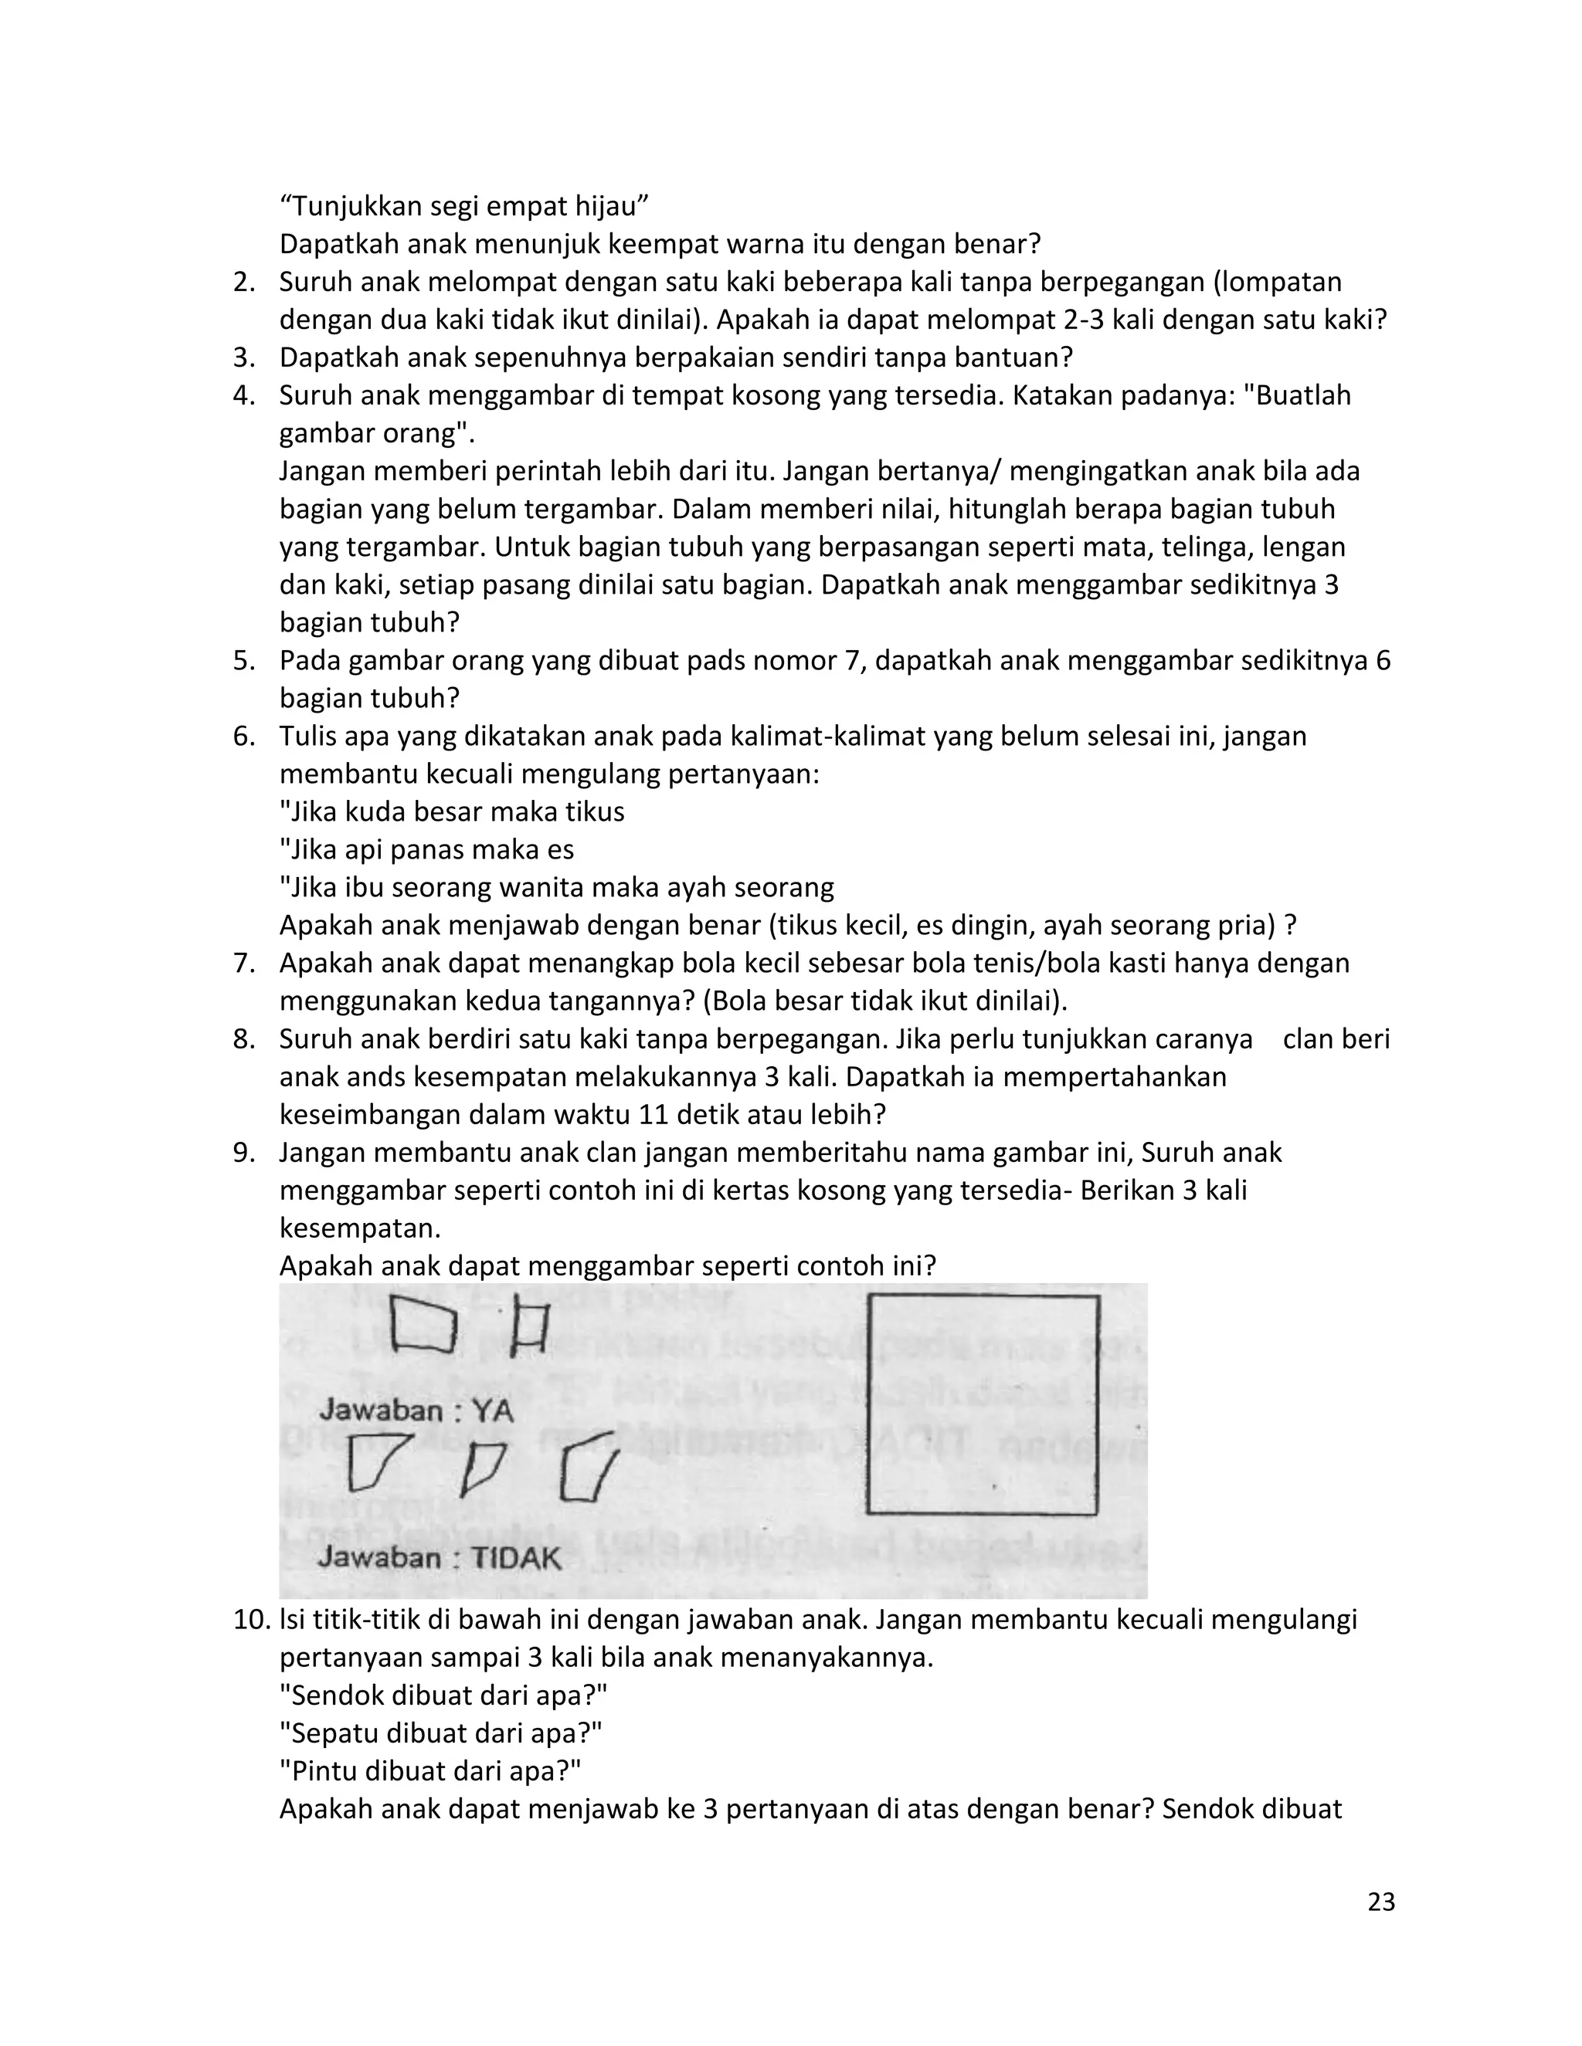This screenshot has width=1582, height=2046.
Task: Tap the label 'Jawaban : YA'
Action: (416, 1410)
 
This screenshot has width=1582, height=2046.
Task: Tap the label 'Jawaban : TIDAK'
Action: (439, 1558)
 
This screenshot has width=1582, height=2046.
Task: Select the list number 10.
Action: (251, 1620)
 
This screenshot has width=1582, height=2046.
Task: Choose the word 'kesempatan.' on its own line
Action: (360, 1228)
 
